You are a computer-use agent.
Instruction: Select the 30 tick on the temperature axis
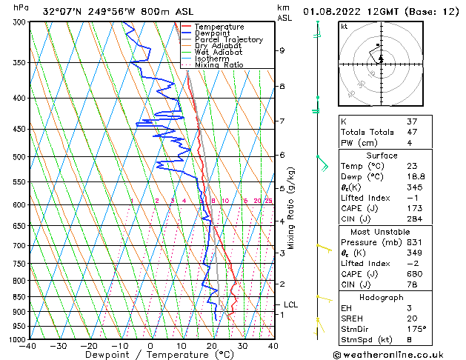[x=242, y=346]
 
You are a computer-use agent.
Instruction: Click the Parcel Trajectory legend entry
[x=228, y=39]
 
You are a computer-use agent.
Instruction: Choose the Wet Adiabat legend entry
[x=219, y=52]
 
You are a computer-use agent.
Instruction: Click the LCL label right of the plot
[x=291, y=304]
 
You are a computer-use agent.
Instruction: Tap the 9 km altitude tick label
[x=282, y=50]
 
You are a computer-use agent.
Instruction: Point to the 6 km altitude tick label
[x=282, y=155]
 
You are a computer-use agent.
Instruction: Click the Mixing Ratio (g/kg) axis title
[x=291, y=207]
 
